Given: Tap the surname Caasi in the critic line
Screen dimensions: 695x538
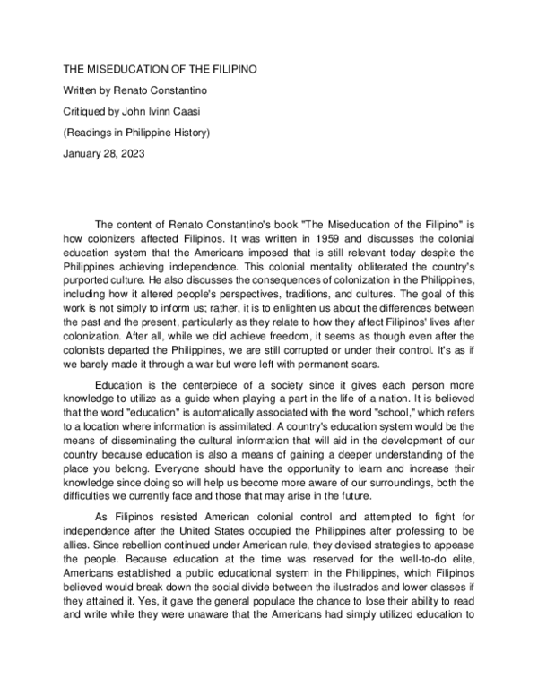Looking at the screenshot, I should pyautogui.click(x=192, y=111).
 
